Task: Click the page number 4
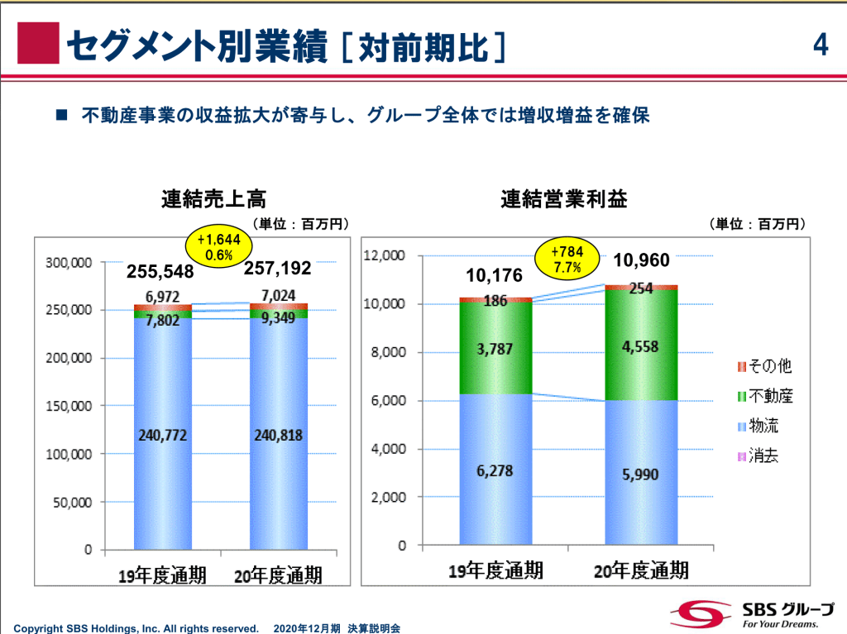click(x=820, y=45)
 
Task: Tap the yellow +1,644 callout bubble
click(x=218, y=246)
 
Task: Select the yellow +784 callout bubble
click(x=567, y=260)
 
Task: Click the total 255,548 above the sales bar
click(x=160, y=271)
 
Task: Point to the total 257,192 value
click(x=278, y=268)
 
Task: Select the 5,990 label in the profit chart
click(x=641, y=474)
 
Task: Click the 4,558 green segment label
click(x=641, y=346)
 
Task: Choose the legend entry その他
click(x=764, y=366)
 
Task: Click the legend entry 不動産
click(x=764, y=396)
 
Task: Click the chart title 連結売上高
click(x=213, y=199)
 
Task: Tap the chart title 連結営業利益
click(x=564, y=199)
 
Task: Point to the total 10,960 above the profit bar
click(x=641, y=261)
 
